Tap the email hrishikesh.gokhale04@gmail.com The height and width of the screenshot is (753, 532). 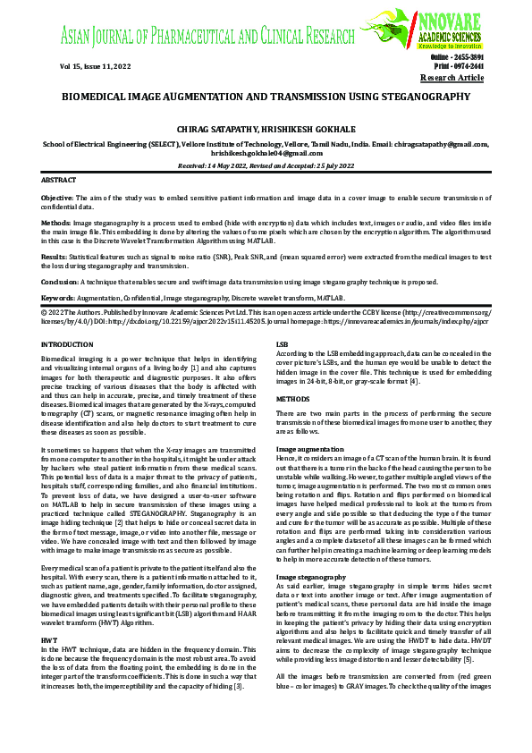pyautogui.click(x=266, y=153)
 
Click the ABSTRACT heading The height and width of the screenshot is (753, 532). pyautogui.click(x=59, y=180)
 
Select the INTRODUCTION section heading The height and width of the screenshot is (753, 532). pyautogui.click(x=68, y=343)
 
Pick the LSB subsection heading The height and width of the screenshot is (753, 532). pyautogui.click(x=282, y=343)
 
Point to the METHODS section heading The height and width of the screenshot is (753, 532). pyautogui.click(x=292, y=399)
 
